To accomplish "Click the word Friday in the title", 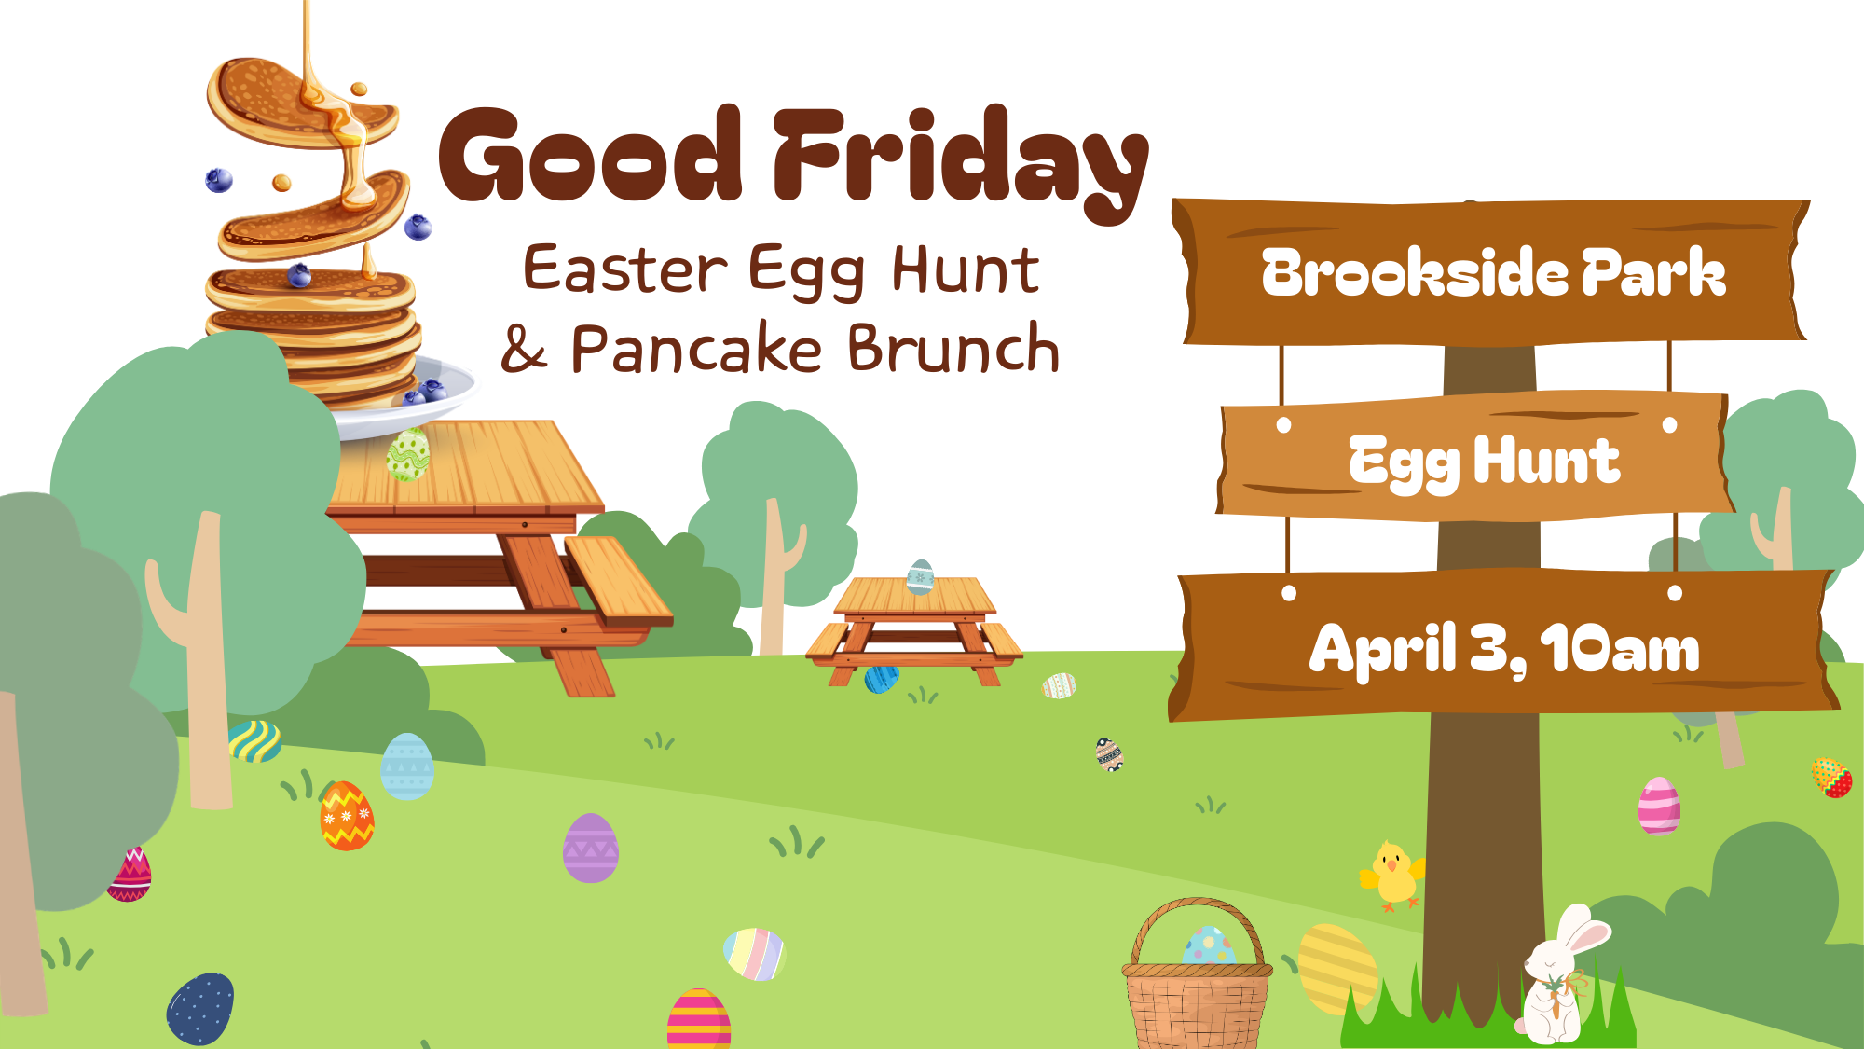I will pyautogui.click(x=960, y=159).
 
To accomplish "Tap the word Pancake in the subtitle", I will pyautogui.click(x=695, y=350).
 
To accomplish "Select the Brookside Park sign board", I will pyautogui.click(x=1491, y=272).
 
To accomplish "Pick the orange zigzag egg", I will pyautogui.click(x=347, y=817).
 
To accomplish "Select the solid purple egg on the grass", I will pyautogui.click(x=590, y=849).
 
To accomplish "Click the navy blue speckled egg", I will pyautogui.click(x=200, y=1009).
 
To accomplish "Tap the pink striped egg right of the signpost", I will pyautogui.click(x=1659, y=806).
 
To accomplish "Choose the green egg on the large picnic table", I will pyautogui.click(x=408, y=454).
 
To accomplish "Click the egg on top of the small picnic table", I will pyautogui.click(x=920, y=577).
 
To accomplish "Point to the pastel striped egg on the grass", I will pyautogui.click(x=754, y=953).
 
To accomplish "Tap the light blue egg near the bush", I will pyautogui.click(x=407, y=766).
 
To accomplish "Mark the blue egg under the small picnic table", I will pyautogui.click(x=881, y=679).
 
